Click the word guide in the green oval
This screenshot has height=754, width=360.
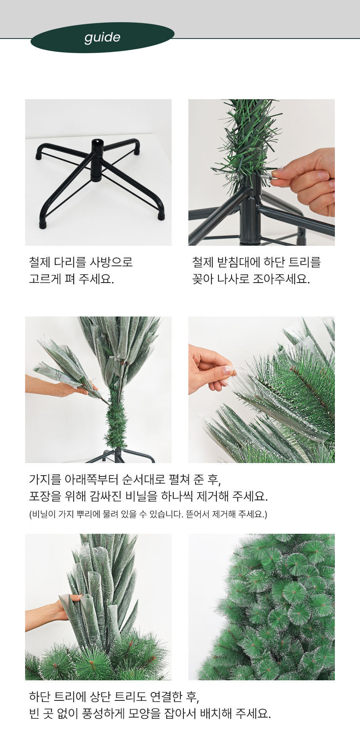[x=102, y=38]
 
